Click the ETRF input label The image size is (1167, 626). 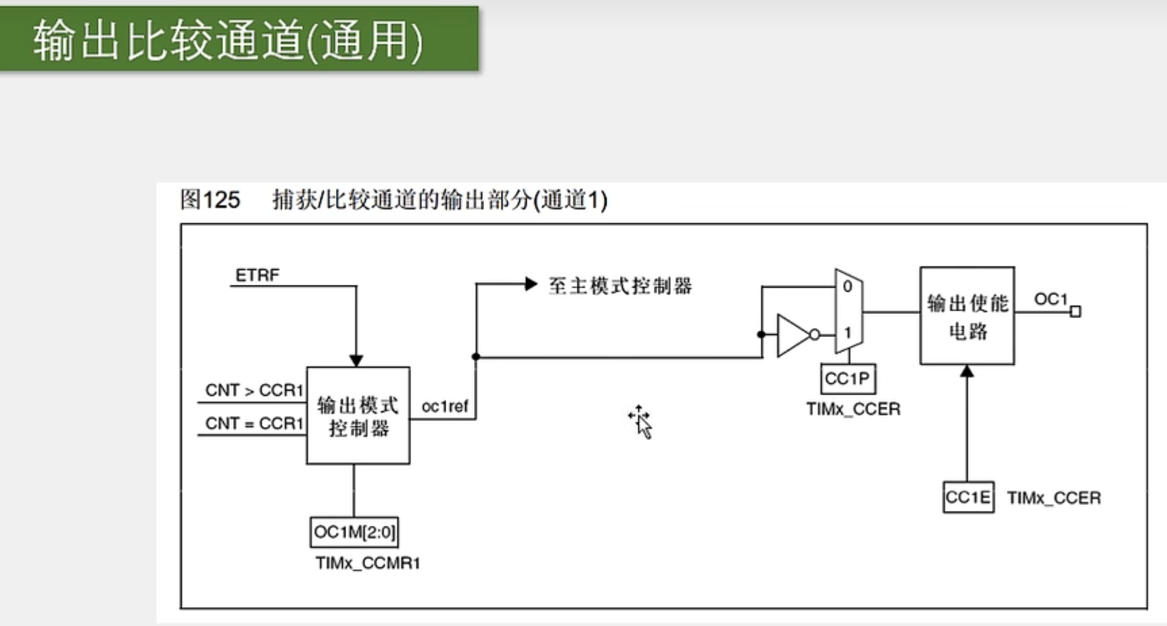pos(257,275)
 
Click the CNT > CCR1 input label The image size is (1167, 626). pos(254,390)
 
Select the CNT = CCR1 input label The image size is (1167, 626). pos(254,424)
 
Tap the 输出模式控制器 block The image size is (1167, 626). pos(358,416)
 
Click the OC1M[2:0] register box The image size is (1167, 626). pos(354,533)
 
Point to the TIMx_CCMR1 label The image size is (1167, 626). pos(368,563)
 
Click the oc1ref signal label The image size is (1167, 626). pos(444,407)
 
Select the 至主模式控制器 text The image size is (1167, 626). pos(620,286)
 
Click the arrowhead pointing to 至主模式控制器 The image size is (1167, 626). pos(531,284)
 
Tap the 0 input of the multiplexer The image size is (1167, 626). pos(847,287)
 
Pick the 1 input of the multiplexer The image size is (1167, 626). pos(847,333)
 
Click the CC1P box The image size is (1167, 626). pos(848,379)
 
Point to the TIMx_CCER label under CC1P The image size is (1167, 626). pos(853,409)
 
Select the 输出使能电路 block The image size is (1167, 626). pos(967,316)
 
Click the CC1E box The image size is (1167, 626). pos(968,498)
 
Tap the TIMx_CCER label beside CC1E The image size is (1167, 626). pos(1053,498)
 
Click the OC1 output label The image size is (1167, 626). pos(1050,299)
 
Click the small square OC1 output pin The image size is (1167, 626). pos(1076,311)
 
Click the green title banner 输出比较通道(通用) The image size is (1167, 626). pos(238,39)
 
